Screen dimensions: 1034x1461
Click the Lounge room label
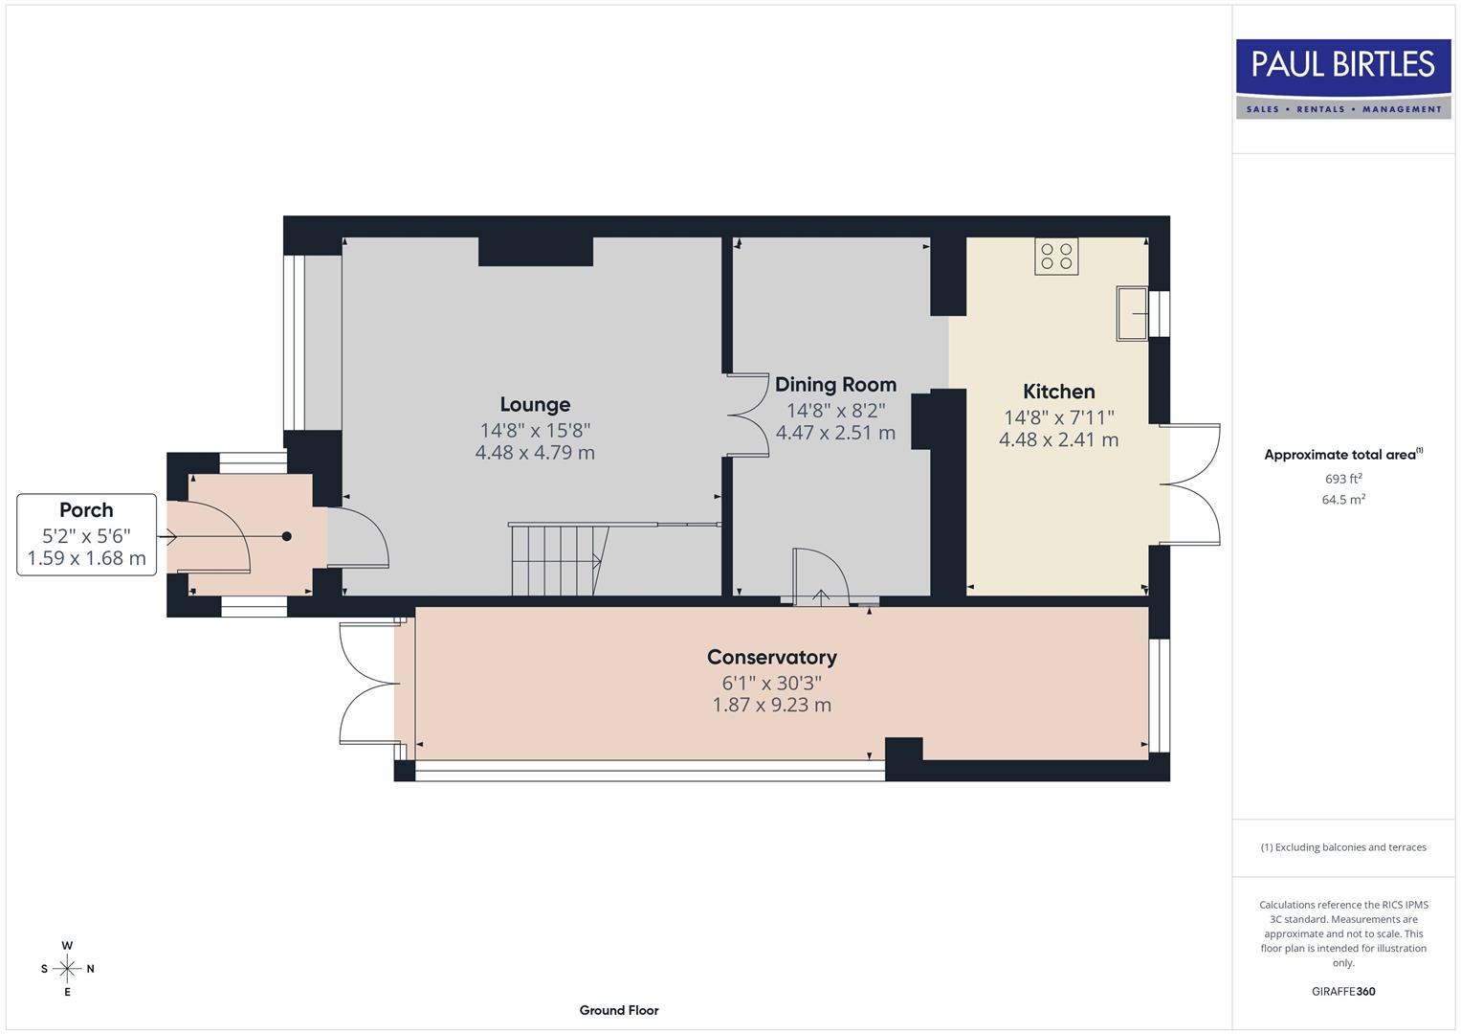tap(535, 405)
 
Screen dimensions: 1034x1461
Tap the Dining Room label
tap(835, 385)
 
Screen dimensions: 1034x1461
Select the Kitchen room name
tap(1058, 392)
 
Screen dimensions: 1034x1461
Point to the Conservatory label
tap(771, 657)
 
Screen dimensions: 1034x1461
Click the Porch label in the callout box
tap(86, 510)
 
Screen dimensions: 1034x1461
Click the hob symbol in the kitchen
tap(1056, 257)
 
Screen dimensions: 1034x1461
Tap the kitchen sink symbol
tap(1132, 313)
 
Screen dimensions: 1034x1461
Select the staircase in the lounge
tap(560, 560)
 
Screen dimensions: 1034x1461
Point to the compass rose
tap(67, 969)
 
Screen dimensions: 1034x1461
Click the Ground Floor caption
tap(619, 1010)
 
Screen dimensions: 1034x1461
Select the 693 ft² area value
tap(1343, 479)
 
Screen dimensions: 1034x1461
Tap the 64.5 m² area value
tap(1343, 500)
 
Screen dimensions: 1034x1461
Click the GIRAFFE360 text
tap(1343, 991)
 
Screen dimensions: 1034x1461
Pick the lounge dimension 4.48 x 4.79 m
tap(535, 453)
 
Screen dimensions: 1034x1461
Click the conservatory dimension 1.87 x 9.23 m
tap(771, 706)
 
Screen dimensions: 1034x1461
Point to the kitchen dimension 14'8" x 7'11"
tap(1058, 417)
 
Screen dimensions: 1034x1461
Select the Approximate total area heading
tap(1342, 455)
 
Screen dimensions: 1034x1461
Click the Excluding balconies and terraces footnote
tap(1343, 847)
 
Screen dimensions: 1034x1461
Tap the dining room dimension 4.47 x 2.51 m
tap(835, 433)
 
